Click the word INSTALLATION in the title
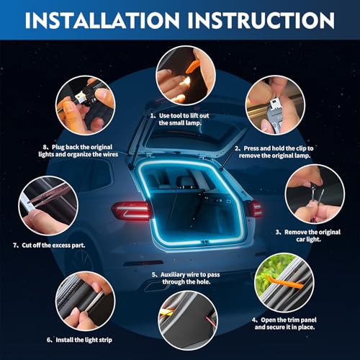[x=102, y=20]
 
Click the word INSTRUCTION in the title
[x=261, y=20]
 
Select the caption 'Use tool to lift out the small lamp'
[x=180, y=120]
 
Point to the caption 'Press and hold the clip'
[x=274, y=152]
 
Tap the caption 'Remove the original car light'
[x=308, y=235]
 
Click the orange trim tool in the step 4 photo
[x=285, y=282]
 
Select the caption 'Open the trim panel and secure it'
[x=284, y=323]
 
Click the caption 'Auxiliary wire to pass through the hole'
[x=186, y=278]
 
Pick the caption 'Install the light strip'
[x=79, y=340]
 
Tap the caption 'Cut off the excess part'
[x=49, y=246]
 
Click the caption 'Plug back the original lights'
[x=78, y=150]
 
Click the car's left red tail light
[x=132, y=211]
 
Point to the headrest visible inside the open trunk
[x=184, y=181]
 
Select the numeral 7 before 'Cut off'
[x=14, y=246]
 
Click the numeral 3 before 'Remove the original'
[x=278, y=232]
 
